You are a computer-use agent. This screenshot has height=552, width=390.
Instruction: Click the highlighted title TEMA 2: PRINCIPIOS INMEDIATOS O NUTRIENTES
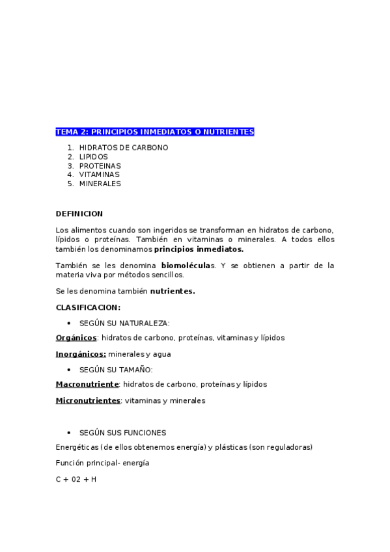point(154,132)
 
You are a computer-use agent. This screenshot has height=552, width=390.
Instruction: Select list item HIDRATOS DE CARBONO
point(123,148)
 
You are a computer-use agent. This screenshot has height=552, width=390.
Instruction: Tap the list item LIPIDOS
point(93,157)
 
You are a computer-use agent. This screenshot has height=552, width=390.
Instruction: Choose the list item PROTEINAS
point(100,166)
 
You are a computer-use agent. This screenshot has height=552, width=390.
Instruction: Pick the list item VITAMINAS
point(99,174)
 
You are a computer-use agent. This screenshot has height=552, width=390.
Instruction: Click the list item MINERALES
point(100,184)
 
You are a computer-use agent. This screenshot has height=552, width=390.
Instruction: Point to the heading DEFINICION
point(79,214)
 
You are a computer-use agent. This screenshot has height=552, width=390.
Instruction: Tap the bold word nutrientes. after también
point(173,291)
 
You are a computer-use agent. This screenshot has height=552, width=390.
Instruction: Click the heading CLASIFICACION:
point(88,307)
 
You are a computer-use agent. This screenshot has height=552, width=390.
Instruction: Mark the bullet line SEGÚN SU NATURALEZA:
point(124,324)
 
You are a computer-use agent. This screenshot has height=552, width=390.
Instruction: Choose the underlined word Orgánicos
point(76,338)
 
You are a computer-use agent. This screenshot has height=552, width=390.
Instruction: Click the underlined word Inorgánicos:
point(81,354)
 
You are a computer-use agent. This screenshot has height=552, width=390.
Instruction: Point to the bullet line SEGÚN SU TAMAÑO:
point(116,370)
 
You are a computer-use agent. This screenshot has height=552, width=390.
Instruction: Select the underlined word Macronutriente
point(87,385)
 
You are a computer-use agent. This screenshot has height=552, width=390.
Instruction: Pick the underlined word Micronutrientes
point(88,401)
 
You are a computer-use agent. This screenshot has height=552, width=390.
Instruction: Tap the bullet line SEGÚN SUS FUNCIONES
point(122,433)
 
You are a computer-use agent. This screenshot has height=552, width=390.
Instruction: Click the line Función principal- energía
point(102,463)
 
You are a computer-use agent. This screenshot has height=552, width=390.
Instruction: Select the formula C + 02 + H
point(76,480)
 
